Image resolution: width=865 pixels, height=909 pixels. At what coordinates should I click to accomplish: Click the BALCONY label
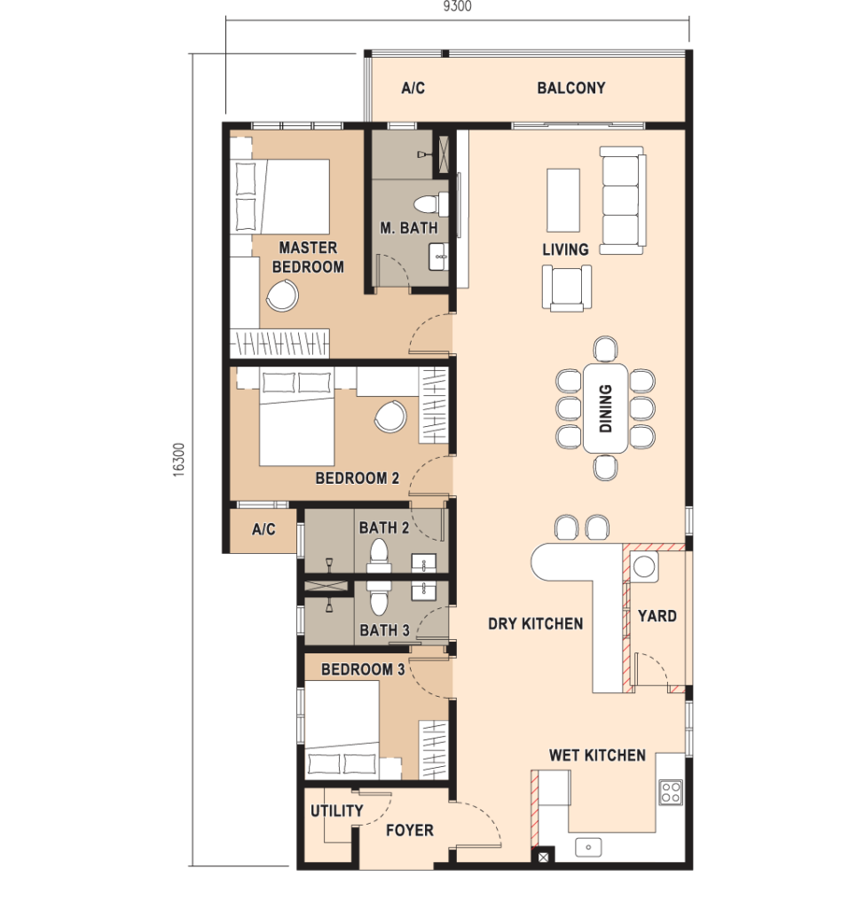(x=570, y=88)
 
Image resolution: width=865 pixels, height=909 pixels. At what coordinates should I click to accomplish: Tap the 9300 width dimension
(x=457, y=6)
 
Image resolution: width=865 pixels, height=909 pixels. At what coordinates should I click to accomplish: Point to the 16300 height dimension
(x=179, y=460)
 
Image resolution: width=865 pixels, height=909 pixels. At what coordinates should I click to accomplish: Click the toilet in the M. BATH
(x=431, y=203)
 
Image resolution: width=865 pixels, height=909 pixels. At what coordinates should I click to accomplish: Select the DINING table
(x=605, y=408)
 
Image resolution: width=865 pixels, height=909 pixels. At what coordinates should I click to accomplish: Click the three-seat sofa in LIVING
(x=622, y=201)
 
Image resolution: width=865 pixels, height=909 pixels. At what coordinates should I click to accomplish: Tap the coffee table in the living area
(x=563, y=200)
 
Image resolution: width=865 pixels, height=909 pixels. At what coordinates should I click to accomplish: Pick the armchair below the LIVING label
(x=567, y=288)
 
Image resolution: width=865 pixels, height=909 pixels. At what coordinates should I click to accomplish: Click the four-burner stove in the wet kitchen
(x=671, y=793)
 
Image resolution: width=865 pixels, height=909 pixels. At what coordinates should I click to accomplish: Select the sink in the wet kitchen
(x=588, y=847)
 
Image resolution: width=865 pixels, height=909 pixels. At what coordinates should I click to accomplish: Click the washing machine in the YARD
(x=644, y=566)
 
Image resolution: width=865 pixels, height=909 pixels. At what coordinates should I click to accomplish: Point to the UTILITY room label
(x=336, y=810)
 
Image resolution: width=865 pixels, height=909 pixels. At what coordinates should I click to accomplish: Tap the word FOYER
(x=410, y=830)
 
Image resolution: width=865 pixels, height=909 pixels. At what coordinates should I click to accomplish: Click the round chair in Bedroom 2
(x=390, y=416)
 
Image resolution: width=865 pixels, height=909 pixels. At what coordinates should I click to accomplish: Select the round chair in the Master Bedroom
(x=282, y=295)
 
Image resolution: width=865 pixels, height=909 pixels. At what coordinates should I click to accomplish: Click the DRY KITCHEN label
(x=535, y=624)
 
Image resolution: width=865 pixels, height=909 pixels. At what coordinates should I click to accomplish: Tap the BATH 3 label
(x=384, y=630)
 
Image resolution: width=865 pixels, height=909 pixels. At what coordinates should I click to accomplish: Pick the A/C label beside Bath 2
(x=263, y=529)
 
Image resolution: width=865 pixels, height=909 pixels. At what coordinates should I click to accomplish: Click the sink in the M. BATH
(x=438, y=257)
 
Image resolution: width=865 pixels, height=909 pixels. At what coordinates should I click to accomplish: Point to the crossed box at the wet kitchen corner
(x=543, y=857)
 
